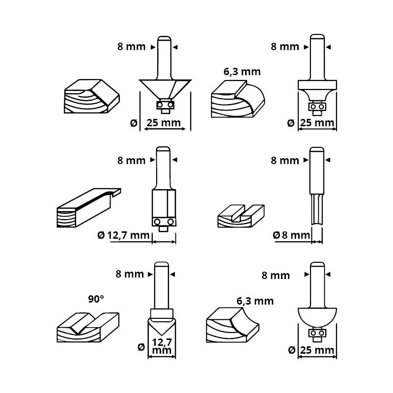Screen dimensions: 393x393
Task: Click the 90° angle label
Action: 97,298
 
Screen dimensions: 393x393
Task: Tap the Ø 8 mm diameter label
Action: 292,235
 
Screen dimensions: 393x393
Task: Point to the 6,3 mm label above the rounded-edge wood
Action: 242,72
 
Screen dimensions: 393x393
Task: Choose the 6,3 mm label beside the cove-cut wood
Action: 255,301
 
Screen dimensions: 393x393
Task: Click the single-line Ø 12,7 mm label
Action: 123,235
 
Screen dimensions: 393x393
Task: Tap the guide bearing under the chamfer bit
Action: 164,104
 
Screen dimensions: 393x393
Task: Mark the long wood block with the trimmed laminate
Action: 86,209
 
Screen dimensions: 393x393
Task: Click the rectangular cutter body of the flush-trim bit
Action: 164,203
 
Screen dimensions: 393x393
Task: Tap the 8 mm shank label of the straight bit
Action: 284,160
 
